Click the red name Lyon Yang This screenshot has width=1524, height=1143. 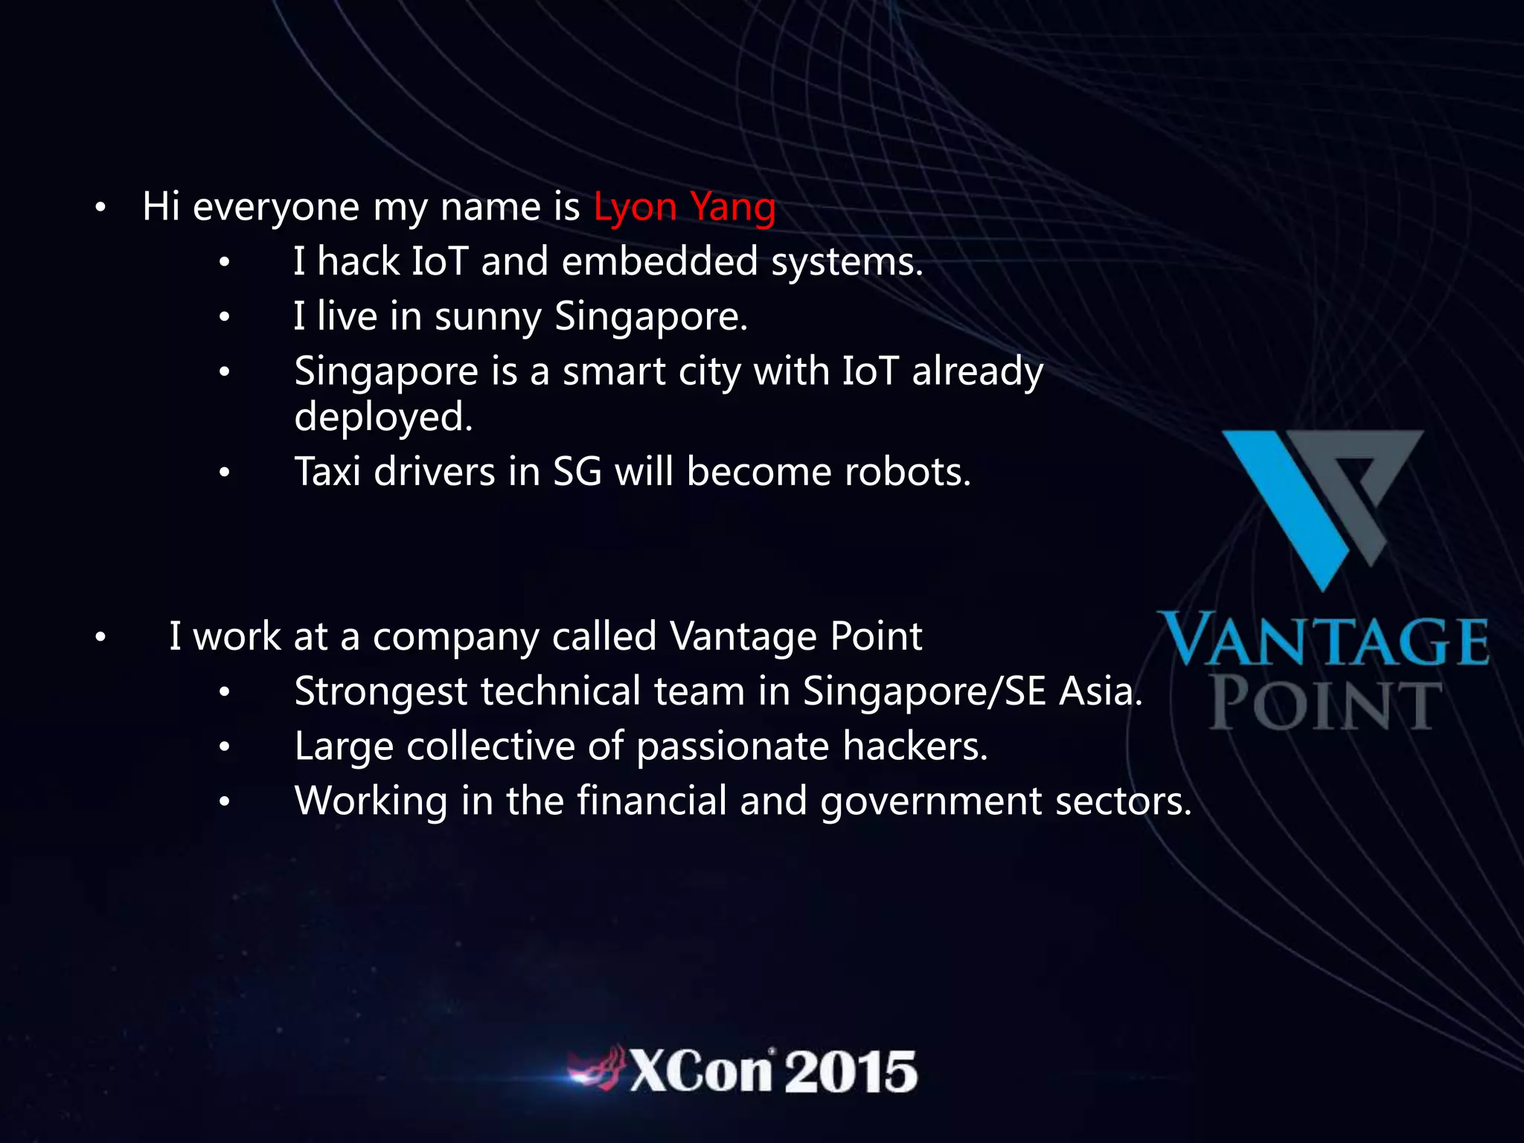click(684, 207)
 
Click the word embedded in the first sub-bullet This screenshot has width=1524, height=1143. click(659, 262)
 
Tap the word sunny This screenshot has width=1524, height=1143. click(487, 317)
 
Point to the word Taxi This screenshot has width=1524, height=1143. click(327, 472)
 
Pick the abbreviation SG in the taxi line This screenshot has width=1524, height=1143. click(577, 472)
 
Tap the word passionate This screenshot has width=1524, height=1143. click(733, 746)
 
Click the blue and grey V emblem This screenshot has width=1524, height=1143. click(1322, 506)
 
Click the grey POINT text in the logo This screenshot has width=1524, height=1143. click(1325, 703)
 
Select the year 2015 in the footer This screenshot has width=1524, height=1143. click(851, 1072)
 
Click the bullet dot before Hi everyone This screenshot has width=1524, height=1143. click(100, 208)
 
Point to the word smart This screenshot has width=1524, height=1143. click(613, 371)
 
